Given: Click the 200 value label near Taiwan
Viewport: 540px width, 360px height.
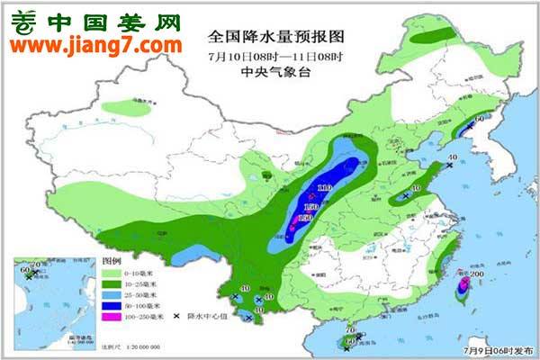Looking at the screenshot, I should coord(478,274).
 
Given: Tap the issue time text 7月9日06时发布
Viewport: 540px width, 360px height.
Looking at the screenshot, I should coord(499,348).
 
